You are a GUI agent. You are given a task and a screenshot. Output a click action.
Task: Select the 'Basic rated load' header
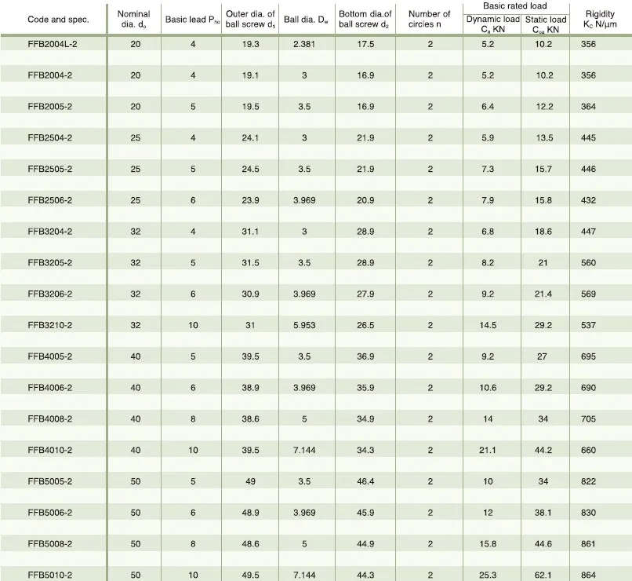515,6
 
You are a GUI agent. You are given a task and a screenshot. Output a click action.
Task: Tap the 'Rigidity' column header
600,20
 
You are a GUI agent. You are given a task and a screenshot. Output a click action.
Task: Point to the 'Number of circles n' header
430,20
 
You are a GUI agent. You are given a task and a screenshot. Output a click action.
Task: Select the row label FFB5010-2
50,575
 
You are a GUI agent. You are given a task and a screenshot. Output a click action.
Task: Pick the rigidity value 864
589,575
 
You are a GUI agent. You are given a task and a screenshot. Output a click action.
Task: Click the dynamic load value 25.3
488,575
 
